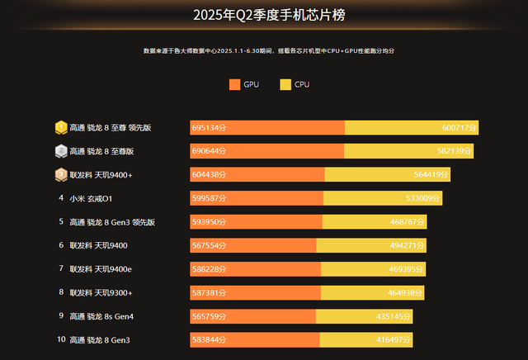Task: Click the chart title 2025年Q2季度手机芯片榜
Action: [x=264, y=15]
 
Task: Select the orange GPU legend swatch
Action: [x=234, y=84]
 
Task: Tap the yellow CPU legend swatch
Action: [x=285, y=84]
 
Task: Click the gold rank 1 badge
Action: [x=61, y=128]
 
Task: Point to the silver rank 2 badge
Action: [x=61, y=151]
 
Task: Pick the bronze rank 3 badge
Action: [x=61, y=175]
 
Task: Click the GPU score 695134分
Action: [x=209, y=128]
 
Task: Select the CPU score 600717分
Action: [x=460, y=128]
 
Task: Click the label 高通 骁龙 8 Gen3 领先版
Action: [x=112, y=222]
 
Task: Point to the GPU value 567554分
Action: [x=209, y=245]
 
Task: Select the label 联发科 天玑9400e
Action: [x=101, y=269]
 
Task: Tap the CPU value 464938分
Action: [x=406, y=292]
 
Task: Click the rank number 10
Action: [x=61, y=339]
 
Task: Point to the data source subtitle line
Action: [x=269, y=51]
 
